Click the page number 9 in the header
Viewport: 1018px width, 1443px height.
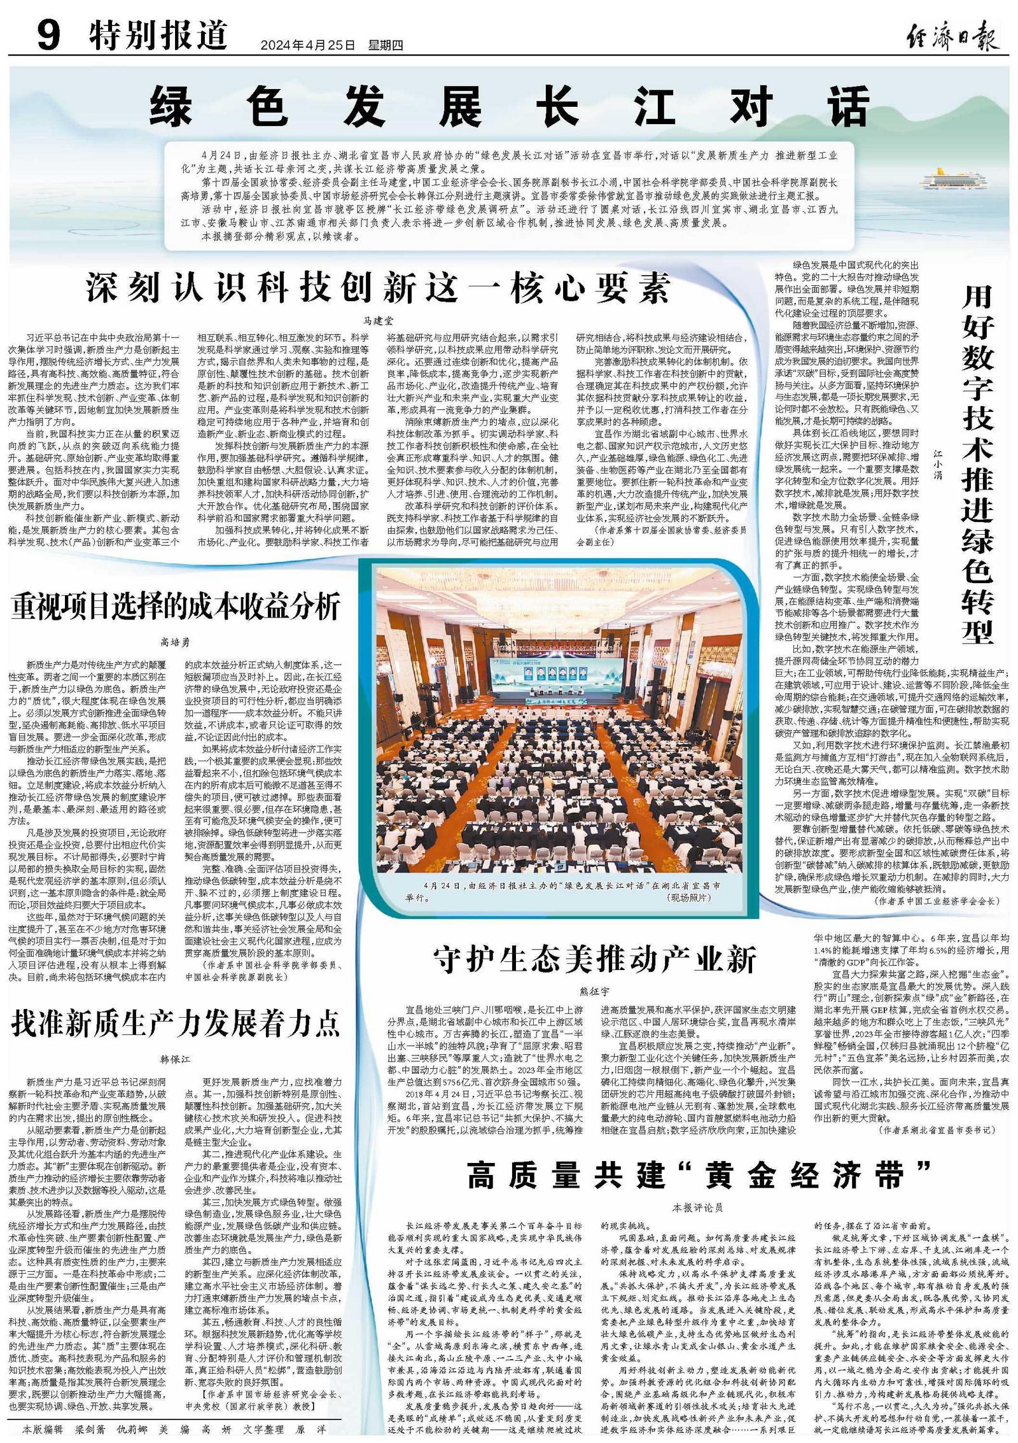point(48,36)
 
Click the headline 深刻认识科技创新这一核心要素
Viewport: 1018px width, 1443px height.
point(379,288)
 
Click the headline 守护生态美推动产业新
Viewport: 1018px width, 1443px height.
point(594,961)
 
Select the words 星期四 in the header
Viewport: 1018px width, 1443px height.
point(386,45)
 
